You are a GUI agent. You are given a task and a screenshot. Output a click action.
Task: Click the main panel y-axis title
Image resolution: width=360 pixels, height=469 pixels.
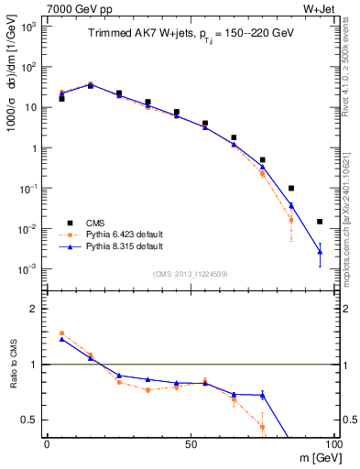12,92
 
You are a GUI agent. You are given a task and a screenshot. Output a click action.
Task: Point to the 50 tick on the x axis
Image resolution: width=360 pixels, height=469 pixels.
189,444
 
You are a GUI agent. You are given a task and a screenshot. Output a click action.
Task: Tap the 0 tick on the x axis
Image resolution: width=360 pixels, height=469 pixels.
46,444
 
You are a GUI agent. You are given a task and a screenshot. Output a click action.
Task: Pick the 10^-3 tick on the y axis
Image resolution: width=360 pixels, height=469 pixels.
29,268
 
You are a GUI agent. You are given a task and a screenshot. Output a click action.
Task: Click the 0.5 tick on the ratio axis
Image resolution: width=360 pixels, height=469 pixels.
32,420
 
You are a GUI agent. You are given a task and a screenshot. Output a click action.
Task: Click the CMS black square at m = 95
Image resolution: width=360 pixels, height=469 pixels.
320,222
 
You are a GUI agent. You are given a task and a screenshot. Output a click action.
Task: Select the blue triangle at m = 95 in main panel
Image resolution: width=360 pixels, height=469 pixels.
320,251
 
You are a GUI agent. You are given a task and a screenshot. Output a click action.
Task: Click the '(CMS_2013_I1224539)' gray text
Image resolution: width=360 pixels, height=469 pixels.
191,273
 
